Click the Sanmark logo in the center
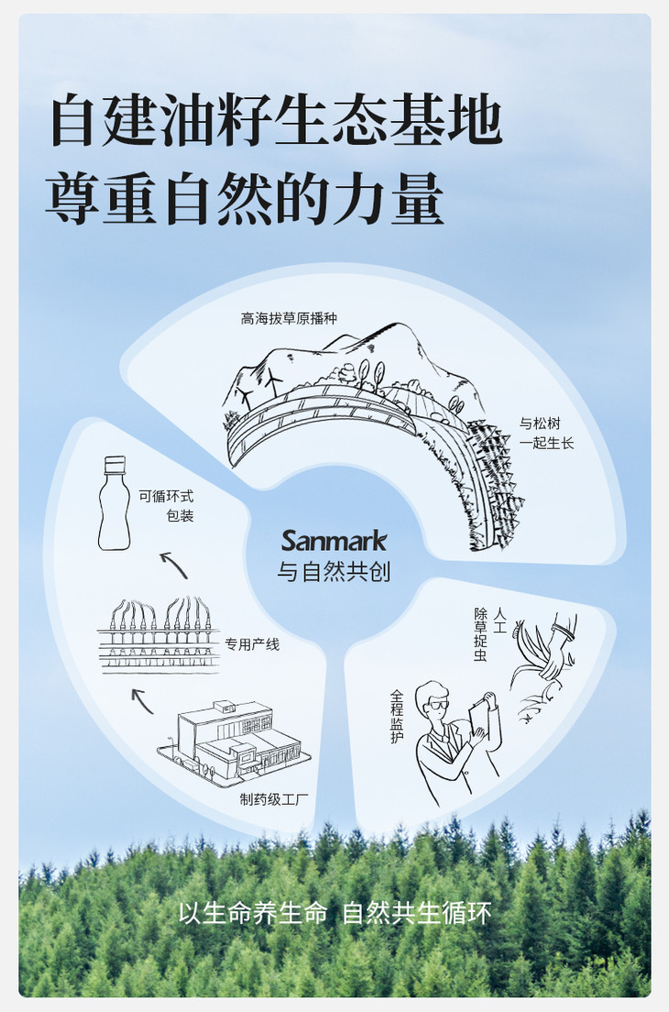click(334, 541)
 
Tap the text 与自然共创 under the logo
click(334, 572)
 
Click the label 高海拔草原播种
click(289, 318)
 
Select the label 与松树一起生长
click(546, 433)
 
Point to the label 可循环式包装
click(166, 506)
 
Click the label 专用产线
click(252, 644)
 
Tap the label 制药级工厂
click(274, 799)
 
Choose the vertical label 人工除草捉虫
click(490, 634)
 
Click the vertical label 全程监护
click(397, 717)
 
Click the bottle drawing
click(115, 502)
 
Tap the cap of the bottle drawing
click(115, 464)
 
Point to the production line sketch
click(158, 636)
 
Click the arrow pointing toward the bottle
click(173, 565)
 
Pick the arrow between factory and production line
click(142, 701)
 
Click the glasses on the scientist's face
click(438, 705)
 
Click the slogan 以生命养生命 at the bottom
click(253, 913)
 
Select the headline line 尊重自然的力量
click(245, 197)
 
